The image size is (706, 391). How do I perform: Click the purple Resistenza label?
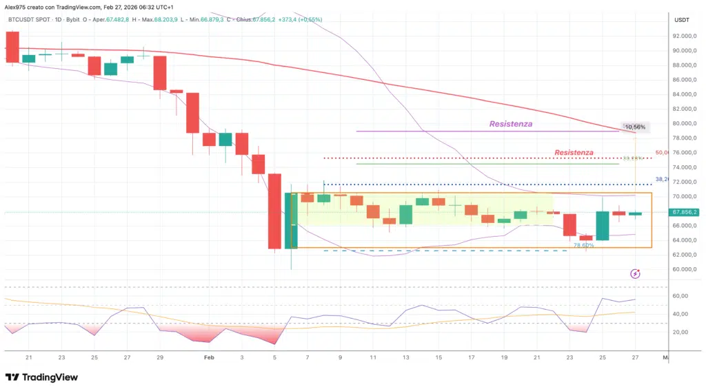(x=511, y=124)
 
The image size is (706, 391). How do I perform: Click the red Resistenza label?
(x=574, y=152)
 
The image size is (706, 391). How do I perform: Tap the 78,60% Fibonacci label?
(x=583, y=245)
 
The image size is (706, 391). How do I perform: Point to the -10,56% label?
(x=634, y=127)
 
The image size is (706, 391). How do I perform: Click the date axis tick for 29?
(x=160, y=358)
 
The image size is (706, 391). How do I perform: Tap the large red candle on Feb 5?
(x=274, y=211)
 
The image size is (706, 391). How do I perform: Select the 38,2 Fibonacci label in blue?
(x=662, y=179)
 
